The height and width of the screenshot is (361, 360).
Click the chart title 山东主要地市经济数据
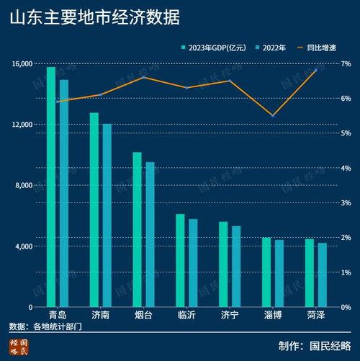(x=95, y=17)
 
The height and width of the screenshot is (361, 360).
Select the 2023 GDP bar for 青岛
(x=51, y=187)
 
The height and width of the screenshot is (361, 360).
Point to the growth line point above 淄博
(x=273, y=115)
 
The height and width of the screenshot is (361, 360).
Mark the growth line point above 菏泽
(x=316, y=70)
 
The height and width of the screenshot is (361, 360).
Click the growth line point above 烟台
(x=143, y=77)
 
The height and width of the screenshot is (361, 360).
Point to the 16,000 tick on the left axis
(x=22, y=63)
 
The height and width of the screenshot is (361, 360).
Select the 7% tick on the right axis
(x=346, y=64)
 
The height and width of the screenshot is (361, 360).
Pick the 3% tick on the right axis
(x=346, y=203)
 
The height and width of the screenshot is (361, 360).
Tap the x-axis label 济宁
(x=230, y=316)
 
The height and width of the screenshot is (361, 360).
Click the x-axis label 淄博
(x=273, y=316)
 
